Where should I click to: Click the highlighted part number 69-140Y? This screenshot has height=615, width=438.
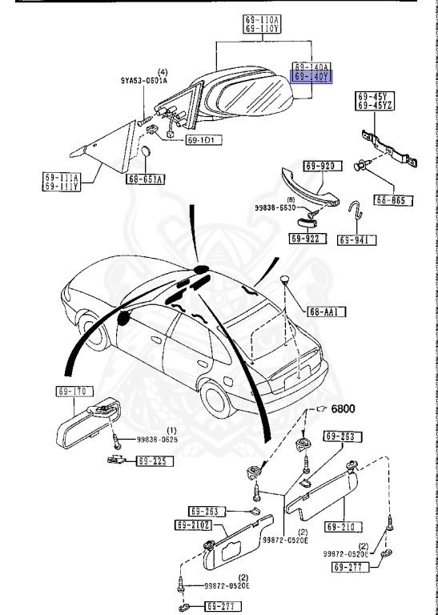311,78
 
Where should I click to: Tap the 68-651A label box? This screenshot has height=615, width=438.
144,179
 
